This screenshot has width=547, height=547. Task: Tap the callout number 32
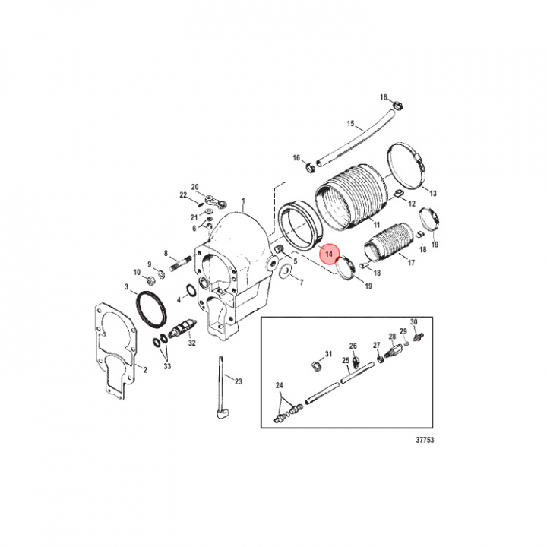(x=191, y=343)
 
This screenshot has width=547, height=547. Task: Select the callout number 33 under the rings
(x=168, y=367)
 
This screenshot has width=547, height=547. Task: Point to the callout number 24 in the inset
(x=279, y=385)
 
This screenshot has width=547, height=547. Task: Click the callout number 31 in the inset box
(x=329, y=354)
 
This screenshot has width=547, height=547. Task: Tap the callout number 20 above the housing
(x=194, y=187)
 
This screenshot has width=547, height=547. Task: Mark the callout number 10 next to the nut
(x=137, y=272)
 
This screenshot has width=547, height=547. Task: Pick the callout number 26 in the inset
(x=353, y=345)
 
